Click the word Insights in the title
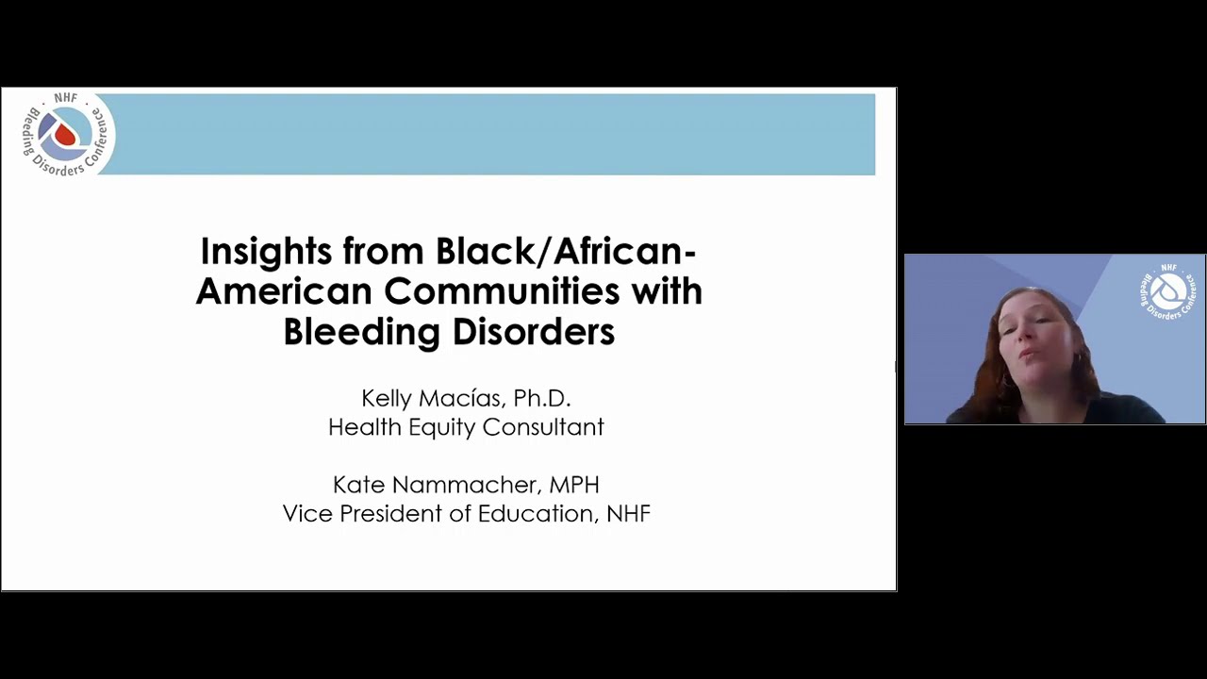[266, 252]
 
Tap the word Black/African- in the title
[566, 251]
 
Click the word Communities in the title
[502, 291]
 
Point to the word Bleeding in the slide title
[361, 333]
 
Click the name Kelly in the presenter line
[387, 399]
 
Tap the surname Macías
[463, 399]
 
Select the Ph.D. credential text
[542, 398]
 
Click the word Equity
[442, 428]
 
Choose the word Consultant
[543, 427]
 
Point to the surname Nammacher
[467, 485]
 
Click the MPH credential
[574, 485]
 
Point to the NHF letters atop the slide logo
[66, 99]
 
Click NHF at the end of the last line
[628, 514]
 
